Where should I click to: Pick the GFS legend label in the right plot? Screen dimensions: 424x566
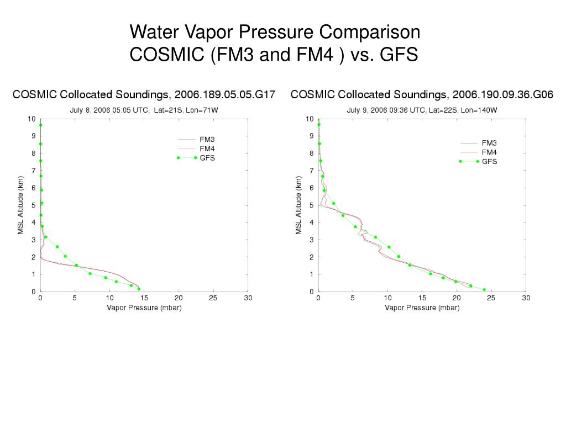[490, 161]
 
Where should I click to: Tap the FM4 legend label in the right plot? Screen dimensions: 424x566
[490, 152]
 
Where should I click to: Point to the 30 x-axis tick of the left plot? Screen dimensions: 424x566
[248, 298]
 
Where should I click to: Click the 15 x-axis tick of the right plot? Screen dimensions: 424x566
[422, 298]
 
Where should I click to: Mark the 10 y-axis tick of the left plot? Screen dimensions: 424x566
[32, 119]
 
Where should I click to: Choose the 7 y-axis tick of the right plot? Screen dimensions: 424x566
[311, 171]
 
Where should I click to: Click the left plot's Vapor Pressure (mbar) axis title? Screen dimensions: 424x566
[144, 308]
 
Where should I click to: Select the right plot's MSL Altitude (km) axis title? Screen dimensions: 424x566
[298, 205]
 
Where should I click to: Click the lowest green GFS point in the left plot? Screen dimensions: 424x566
[139, 289]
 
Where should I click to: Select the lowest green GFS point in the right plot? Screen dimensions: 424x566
[484, 289]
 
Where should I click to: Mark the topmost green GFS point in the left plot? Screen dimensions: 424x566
[40, 125]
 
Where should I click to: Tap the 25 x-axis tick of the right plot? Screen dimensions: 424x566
[491, 298]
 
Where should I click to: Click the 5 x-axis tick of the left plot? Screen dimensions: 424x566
[75, 298]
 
